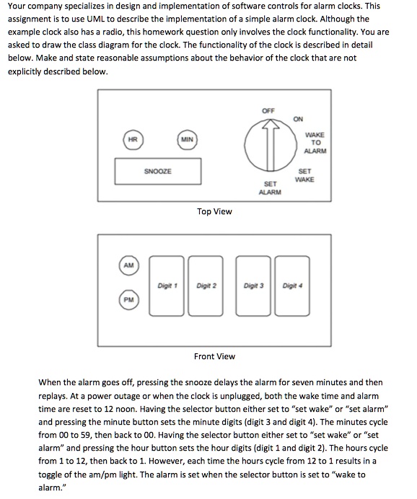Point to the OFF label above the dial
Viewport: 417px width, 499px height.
click(268, 110)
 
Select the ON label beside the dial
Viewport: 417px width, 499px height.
click(299, 120)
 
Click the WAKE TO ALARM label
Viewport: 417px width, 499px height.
click(315, 143)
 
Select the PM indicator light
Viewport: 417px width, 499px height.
click(128, 298)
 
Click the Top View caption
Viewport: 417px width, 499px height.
click(214, 211)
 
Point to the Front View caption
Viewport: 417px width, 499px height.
click(214, 356)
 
